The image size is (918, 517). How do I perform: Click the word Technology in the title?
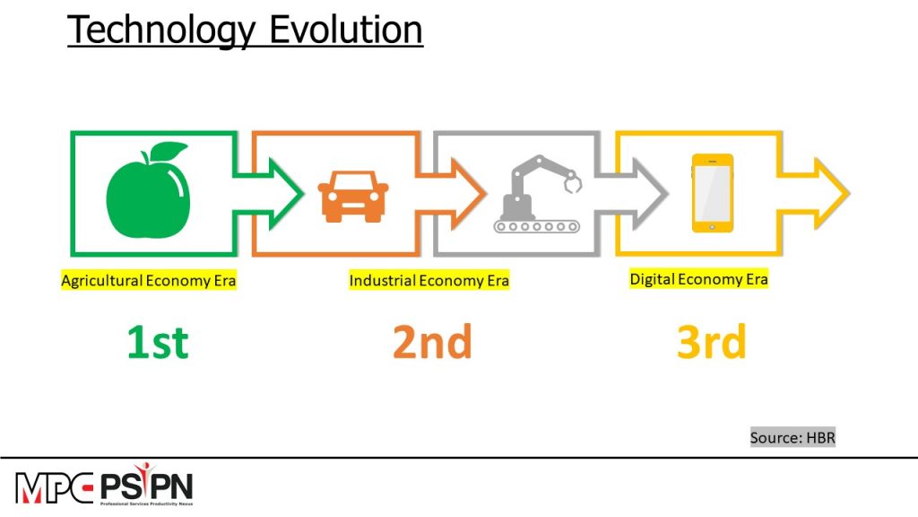click(x=162, y=31)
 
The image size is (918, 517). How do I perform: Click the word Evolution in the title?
click(x=346, y=30)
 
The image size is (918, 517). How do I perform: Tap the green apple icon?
click(x=148, y=190)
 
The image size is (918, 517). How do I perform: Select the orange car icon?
click(x=353, y=197)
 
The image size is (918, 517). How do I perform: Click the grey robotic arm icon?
click(x=538, y=194)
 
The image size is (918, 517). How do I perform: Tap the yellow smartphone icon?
click(x=713, y=193)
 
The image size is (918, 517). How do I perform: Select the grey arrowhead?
click(x=650, y=194)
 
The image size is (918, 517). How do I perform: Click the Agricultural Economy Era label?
click(x=149, y=281)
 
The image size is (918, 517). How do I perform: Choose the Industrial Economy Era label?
click(x=429, y=281)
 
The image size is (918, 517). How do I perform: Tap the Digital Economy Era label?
click(x=699, y=279)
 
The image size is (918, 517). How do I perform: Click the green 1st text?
click(x=158, y=342)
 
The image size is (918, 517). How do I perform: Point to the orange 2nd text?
click(x=433, y=341)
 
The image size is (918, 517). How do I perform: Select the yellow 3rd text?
click(x=712, y=341)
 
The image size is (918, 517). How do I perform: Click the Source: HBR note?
click(x=792, y=437)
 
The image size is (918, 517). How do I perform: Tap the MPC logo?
click(x=55, y=487)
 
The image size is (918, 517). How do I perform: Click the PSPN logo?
click(x=147, y=485)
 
